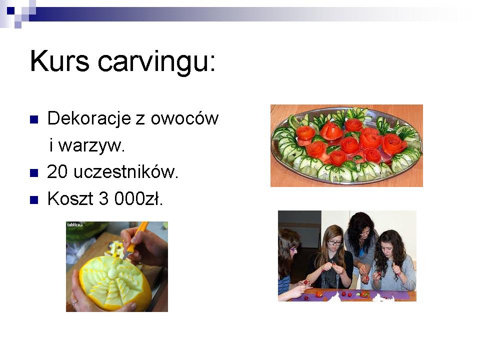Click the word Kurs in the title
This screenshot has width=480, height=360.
coord(59,61)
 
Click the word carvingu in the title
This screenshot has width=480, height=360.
coord(156,63)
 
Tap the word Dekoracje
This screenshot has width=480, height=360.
coord(89,118)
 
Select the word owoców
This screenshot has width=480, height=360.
coord(184,118)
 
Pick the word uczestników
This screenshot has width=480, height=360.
coord(126,171)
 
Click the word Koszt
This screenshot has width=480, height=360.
coord(70,198)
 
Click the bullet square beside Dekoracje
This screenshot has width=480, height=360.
coord(34,119)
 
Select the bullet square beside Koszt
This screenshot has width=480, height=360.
coord(34,200)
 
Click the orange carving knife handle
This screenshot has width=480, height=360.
coord(138,236)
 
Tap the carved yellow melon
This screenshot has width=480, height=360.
coord(115,282)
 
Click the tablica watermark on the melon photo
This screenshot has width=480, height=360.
coord(74,225)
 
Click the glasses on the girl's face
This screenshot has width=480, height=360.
coord(334,243)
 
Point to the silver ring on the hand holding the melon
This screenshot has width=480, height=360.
coord(74,303)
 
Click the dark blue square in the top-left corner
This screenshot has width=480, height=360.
coord(10,10)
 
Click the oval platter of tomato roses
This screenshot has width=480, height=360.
coord(346,145)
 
